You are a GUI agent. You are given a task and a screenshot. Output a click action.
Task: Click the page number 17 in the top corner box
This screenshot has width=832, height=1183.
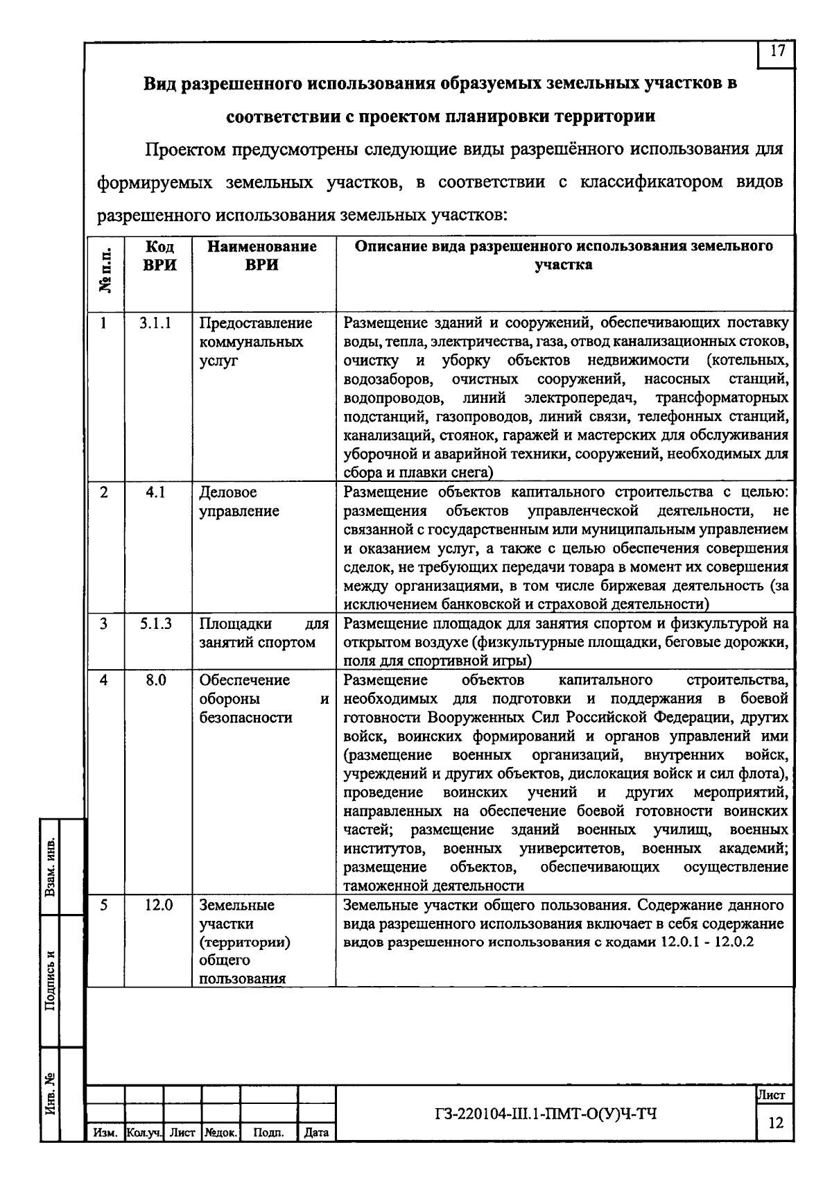[778, 52]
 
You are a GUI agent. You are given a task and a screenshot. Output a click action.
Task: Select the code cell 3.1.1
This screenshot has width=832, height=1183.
[155, 323]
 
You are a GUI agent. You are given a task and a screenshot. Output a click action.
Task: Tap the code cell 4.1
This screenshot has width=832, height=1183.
[155, 493]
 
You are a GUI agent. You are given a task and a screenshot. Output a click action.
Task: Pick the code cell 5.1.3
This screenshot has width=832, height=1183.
[155, 624]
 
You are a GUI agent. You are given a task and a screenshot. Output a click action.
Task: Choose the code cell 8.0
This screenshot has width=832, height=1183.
[155, 680]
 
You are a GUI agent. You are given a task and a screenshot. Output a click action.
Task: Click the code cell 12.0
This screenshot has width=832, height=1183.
[158, 905]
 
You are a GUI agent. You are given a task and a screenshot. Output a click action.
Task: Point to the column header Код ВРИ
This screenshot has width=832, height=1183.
[159, 256]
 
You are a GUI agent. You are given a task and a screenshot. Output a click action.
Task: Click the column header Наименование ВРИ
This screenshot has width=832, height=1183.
[262, 256]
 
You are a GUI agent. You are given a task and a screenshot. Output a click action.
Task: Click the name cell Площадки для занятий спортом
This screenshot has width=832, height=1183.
[263, 633]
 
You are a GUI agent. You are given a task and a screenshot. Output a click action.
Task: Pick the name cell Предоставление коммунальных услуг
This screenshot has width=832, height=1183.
[255, 342]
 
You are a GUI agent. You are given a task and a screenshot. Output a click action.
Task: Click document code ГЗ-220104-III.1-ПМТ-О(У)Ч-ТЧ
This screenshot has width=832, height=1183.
[544, 1114]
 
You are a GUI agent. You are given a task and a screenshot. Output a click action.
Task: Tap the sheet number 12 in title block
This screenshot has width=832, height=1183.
[776, 1123]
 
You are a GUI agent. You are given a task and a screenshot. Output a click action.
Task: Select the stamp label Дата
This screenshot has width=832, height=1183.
[316, 1133]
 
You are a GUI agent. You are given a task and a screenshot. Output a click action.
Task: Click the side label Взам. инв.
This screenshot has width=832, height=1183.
[51, 867]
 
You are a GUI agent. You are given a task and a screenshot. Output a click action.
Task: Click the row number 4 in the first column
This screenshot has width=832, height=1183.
[104, 680]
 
